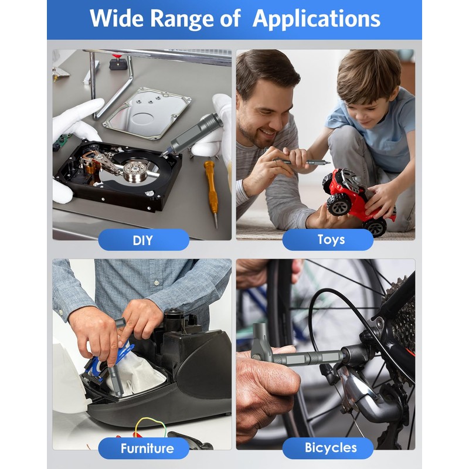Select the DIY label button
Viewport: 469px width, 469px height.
[x=144, y=240]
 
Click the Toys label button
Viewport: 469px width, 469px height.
[x=328, y=240]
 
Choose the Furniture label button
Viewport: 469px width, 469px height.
[x=144, y=448]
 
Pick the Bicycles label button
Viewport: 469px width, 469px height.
[x=328, y=448]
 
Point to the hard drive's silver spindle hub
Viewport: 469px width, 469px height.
[x=135, y=171]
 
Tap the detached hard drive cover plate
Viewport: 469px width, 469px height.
[x=147, y=113]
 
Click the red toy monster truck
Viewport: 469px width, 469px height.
[x=359, y=200]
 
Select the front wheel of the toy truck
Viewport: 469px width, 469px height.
[x=339, y=205]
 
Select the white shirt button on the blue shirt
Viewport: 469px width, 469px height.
[x=156, y=283]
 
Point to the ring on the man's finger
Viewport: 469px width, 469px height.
[x=276, y=163]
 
